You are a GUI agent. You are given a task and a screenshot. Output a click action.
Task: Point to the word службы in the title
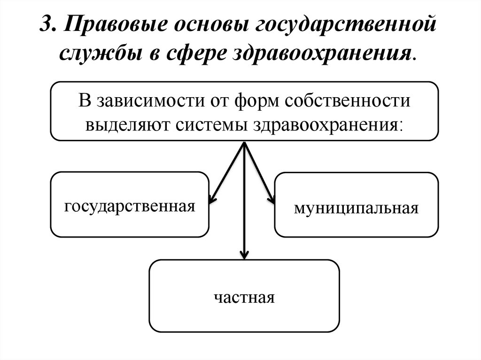[x=96, y=53]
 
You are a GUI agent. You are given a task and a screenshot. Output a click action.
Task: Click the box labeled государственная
[x=129, y=204]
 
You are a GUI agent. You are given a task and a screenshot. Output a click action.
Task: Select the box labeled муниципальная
[x=356, y=205]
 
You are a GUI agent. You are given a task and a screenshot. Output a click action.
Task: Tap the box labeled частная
[x=244, y=296]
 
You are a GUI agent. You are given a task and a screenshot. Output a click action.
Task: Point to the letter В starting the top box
[x=84, y=101]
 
